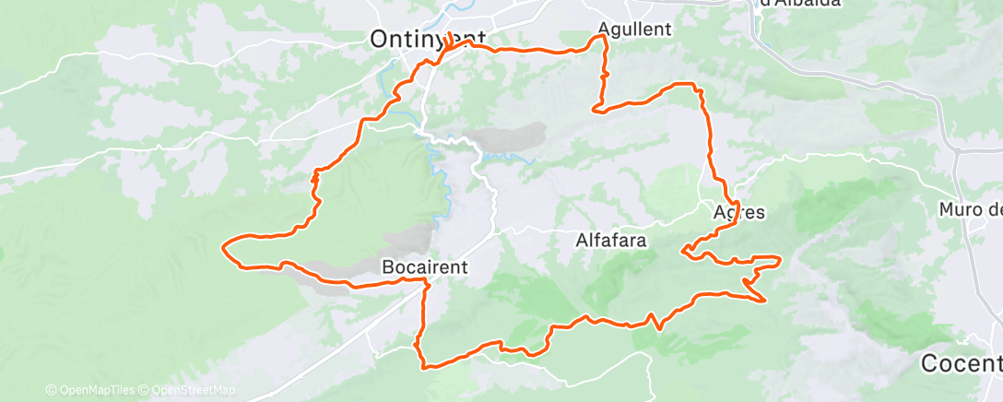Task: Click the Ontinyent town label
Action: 427,38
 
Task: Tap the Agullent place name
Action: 635,29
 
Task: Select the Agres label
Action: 739,212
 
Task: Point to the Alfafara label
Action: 610,242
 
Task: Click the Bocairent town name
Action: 425,267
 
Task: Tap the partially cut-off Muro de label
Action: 970,210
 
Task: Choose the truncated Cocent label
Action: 962,362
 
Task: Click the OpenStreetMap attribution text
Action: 195,390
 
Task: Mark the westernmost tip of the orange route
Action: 223,246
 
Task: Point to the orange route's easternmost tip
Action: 780,259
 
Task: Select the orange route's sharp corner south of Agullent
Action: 595,111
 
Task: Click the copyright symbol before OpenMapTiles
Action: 51,390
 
